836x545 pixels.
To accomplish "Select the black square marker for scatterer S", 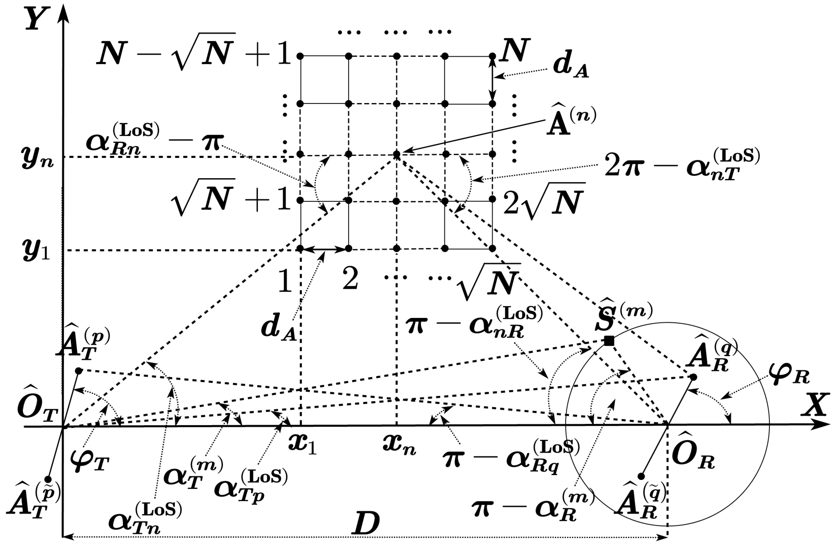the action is point(609,341).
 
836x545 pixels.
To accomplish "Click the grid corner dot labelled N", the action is point(492,56).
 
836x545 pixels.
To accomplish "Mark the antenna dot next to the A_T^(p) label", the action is point(79,371).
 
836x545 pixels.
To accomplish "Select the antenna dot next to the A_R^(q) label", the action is point(693,377).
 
